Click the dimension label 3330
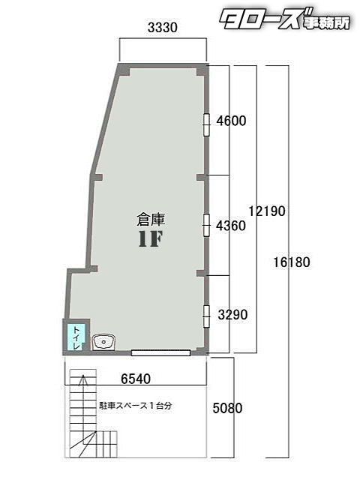coord(163,28)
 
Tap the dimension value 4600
coord(231,120)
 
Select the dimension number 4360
coord(231,225)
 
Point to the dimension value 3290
coord(232,314)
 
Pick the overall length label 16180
coord(292,262)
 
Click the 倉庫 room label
coord(150,220)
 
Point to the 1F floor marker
coord(150,239)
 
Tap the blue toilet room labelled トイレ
coord(76,338)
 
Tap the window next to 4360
coord(206,224)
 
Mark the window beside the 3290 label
coord(206,316)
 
